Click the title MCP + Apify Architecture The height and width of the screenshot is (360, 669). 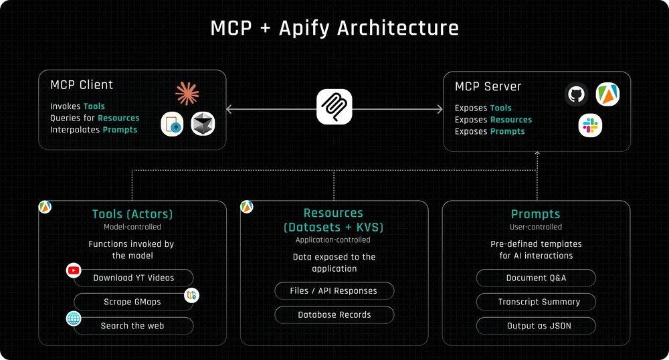334,28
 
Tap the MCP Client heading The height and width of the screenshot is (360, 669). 82,85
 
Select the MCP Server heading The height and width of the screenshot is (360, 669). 488,86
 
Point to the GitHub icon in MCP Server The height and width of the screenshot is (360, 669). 576,94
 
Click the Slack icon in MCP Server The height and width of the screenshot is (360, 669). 590,125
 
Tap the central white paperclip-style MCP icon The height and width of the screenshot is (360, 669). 334,106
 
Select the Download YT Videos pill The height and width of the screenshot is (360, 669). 133,278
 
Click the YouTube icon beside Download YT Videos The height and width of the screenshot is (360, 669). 74,270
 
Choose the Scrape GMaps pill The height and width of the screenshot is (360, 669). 132,302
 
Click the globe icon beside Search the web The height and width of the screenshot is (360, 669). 74,319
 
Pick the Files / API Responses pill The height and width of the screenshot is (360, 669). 334,291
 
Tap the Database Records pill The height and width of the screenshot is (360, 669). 334,314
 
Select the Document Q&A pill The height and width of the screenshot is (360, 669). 536,278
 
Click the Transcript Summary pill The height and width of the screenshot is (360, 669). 536,302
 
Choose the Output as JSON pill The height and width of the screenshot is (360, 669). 536,326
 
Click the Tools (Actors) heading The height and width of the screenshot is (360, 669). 132,214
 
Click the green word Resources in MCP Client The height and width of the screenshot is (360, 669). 118,118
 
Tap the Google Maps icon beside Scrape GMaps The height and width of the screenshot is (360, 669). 192,295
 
